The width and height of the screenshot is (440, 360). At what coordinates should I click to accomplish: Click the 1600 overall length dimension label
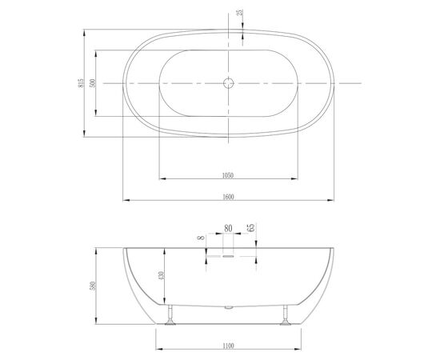tap(228, 197)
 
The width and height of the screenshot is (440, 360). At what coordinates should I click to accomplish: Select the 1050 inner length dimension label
tap(228, 176)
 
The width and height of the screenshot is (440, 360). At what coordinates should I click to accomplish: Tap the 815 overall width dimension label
tap(81, 82)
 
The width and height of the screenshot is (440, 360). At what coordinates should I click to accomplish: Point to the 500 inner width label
tap(93, 83)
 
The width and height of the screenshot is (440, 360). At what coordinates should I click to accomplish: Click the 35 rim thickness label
tap(240, 13)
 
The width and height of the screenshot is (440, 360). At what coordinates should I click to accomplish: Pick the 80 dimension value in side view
tap(228, 229)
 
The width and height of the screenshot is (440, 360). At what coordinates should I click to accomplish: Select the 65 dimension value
tap(251, 227)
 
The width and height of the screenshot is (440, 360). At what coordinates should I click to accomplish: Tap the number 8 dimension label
tap(201, 238)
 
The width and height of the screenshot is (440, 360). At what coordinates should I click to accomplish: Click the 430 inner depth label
tap(161, 276)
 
